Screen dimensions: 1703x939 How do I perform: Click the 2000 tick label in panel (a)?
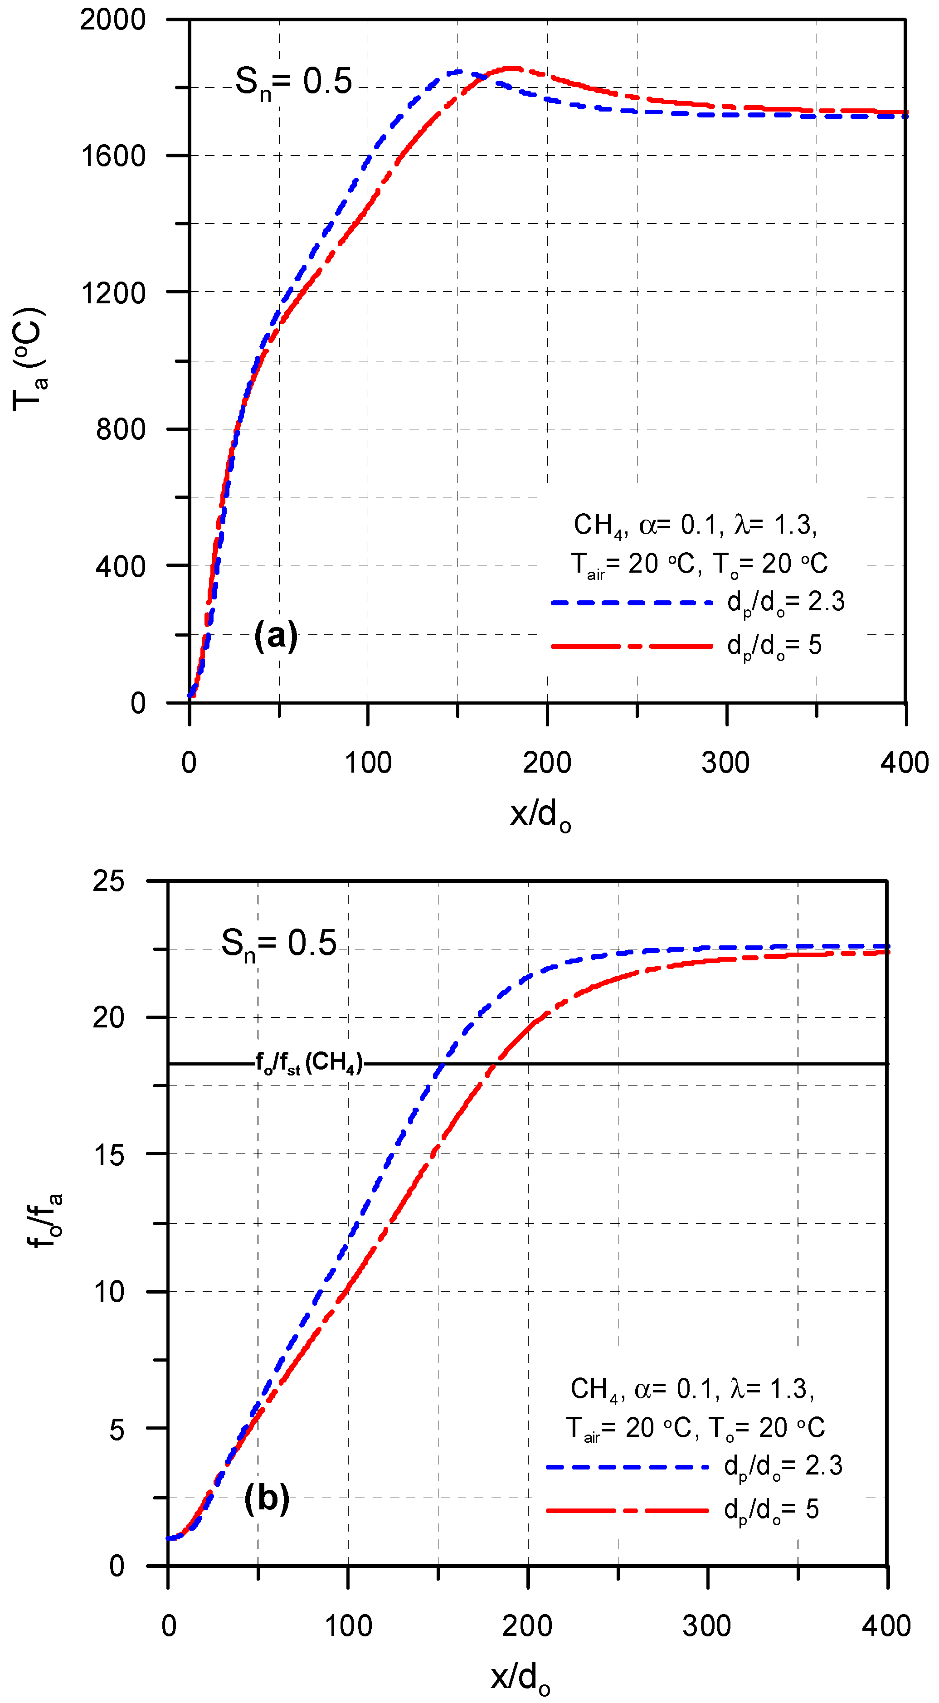pos(112,20)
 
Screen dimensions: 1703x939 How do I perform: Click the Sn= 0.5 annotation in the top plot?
pos(294,83)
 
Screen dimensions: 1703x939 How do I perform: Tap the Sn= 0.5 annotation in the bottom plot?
pos(278,944)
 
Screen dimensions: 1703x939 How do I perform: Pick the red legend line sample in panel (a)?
pos(632,645)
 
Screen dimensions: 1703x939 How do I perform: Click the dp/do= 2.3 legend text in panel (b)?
pos(783,1466)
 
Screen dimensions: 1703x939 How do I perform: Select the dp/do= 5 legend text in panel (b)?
pos(771,1509)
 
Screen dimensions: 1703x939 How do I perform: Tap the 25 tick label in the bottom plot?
pos(108,881)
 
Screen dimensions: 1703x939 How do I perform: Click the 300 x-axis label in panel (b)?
pos(707,1625)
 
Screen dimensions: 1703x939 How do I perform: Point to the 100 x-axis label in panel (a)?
pos(368,764)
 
